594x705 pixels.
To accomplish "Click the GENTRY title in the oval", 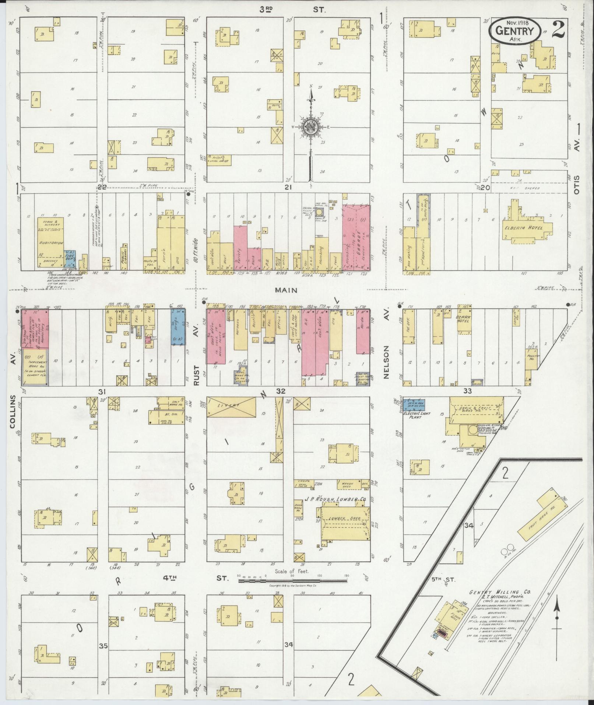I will click(x=515, y=31).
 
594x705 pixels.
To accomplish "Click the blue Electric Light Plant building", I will click(x=414, y=404).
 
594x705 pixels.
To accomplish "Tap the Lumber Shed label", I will click(x=344, y=518).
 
